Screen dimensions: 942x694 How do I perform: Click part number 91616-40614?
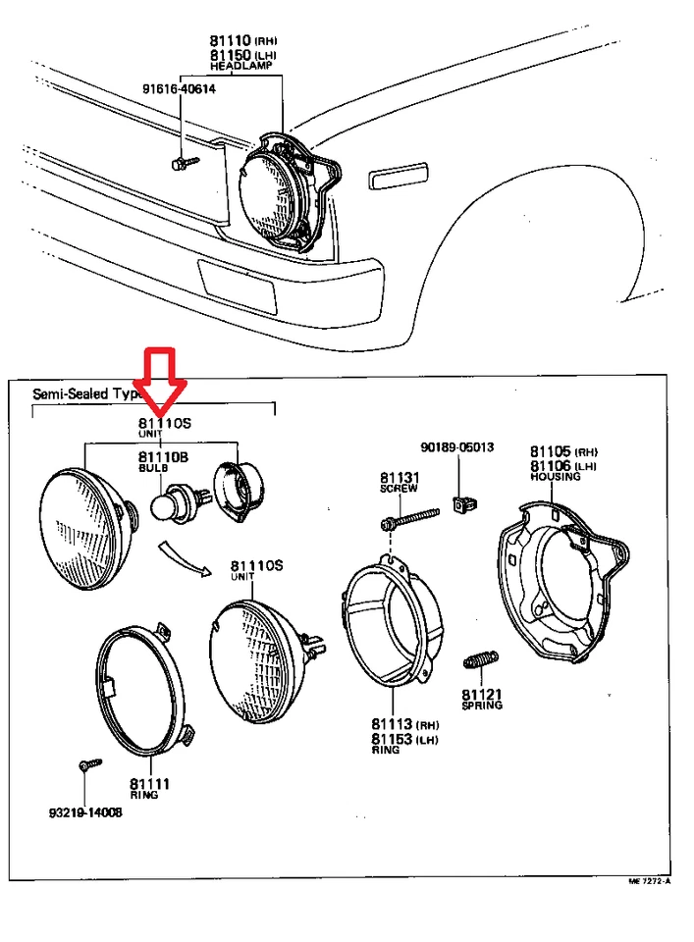click(179, 89)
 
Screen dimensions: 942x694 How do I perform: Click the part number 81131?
click(400, 477)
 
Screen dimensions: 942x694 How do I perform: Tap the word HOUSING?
click(555, 477)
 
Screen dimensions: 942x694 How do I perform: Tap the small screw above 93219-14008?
click(86, 764)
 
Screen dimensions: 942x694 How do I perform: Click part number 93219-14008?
click(85, 812)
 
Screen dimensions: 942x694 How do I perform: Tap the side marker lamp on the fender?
click(398, 177)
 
